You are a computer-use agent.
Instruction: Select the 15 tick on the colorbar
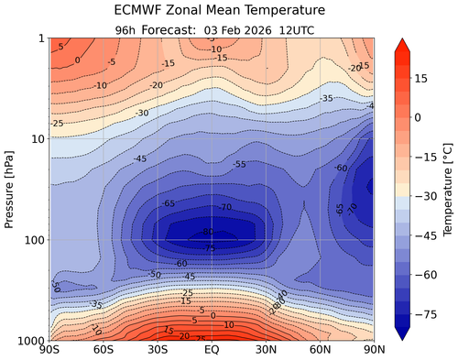(x=427, y=79)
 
